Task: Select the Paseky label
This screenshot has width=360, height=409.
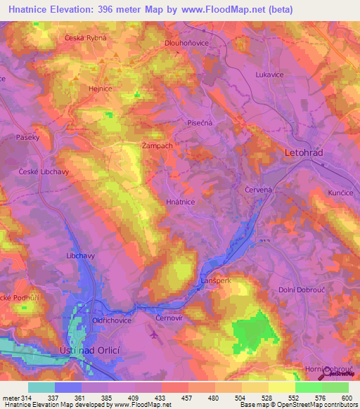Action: tap(28, 138)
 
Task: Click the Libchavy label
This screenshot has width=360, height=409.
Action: tap(80, 256)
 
